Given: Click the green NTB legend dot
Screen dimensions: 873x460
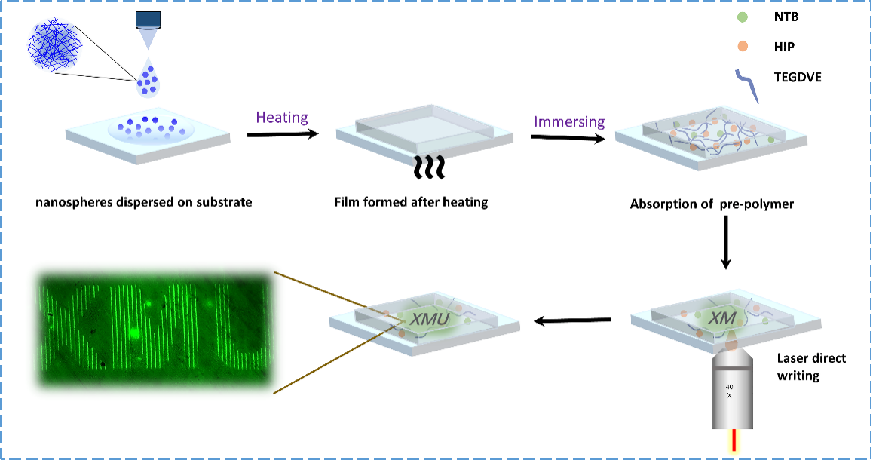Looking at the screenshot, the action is point(742,17).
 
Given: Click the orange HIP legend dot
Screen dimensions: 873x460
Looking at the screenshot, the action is point(742,46).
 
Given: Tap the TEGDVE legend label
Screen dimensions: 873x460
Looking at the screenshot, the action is point(798,77).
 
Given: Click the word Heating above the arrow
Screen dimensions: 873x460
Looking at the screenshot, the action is point(282,118).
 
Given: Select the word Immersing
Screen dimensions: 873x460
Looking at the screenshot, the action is point(569,121).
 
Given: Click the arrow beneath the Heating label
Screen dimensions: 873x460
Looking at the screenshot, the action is point(283,134).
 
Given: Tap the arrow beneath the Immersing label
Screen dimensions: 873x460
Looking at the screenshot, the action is point(568,137).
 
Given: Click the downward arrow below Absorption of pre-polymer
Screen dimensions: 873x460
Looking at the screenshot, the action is point(725,242).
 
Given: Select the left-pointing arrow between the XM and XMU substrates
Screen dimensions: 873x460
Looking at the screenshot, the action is point(571,320).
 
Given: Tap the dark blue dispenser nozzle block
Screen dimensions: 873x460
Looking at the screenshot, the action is point(149,20).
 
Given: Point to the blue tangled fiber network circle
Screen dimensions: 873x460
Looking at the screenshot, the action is point(54,45).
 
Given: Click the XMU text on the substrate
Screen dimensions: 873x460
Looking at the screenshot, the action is point(429,319).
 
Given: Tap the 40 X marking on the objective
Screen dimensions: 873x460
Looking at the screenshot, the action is point(729,391).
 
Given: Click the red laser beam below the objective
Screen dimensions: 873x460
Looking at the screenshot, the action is point(734,440).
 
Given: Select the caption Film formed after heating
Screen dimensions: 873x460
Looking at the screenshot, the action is point(411,202).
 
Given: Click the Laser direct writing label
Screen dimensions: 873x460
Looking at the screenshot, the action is point(811,367).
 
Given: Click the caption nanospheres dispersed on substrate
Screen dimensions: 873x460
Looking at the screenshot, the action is point(144,202).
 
